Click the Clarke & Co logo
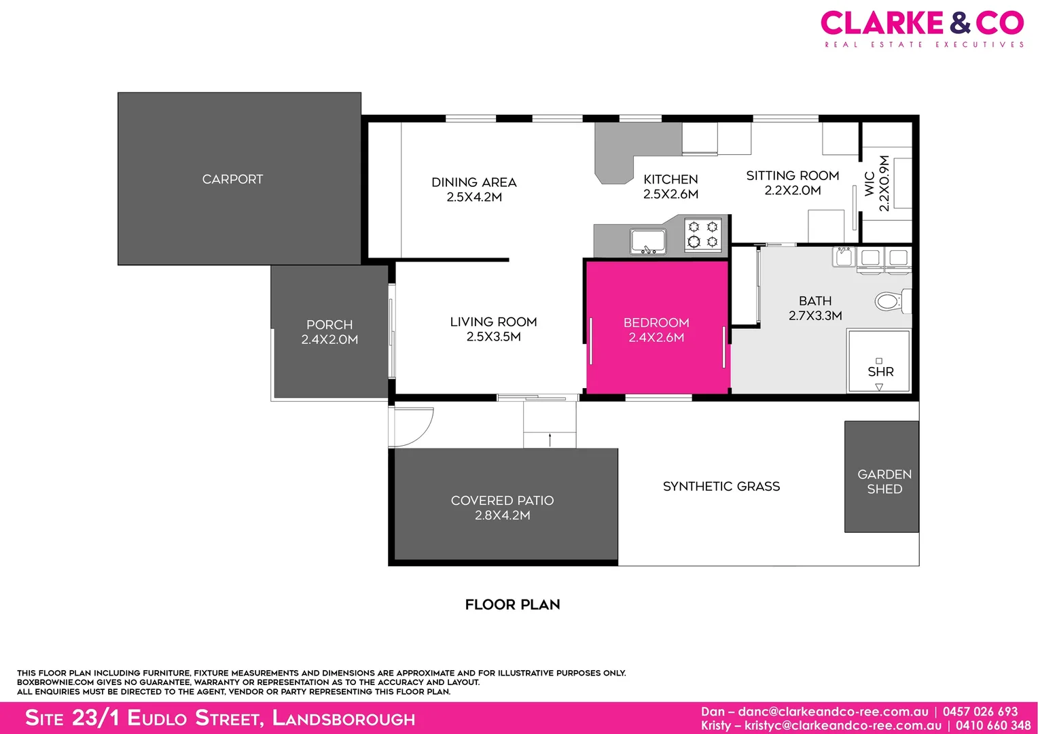[922, 28]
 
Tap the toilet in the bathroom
[889, 301]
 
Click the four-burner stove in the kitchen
[702, 234]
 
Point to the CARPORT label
[232, 179]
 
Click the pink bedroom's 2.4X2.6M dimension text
[656, 338]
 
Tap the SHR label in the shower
[880, 372]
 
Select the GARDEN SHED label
[884, 481]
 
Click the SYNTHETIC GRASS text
[721, 487]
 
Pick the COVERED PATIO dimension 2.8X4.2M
[503, 516]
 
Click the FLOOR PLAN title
[512, 605]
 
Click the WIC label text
[870, 184]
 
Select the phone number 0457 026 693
[980, 712]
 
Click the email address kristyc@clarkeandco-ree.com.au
[843, 726]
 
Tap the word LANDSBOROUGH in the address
[344, 718]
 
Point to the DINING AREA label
[474, 182]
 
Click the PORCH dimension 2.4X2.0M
[329, 340]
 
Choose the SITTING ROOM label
[793, 176]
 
